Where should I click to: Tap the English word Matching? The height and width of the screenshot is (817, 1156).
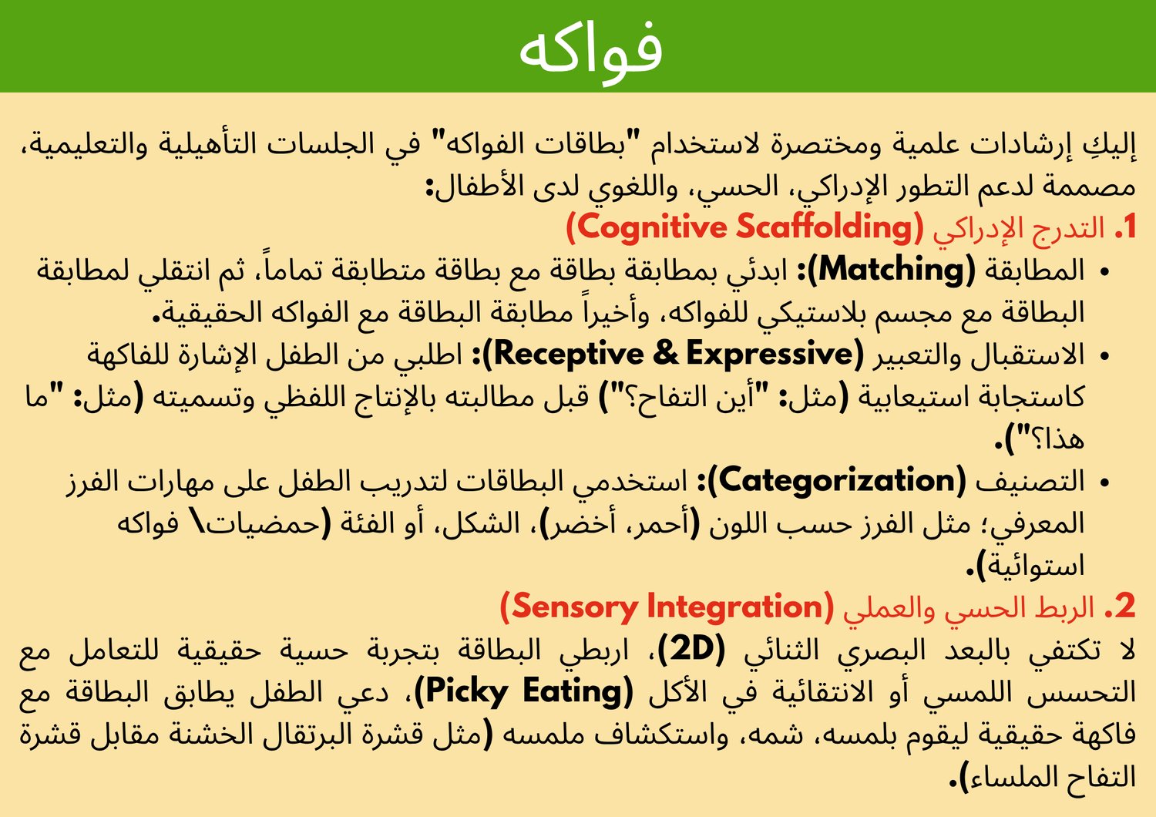891,270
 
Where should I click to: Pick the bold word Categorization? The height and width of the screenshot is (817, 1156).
836,481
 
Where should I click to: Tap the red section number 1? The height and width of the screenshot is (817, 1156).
1129,227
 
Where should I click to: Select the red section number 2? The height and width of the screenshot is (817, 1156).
1125,607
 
